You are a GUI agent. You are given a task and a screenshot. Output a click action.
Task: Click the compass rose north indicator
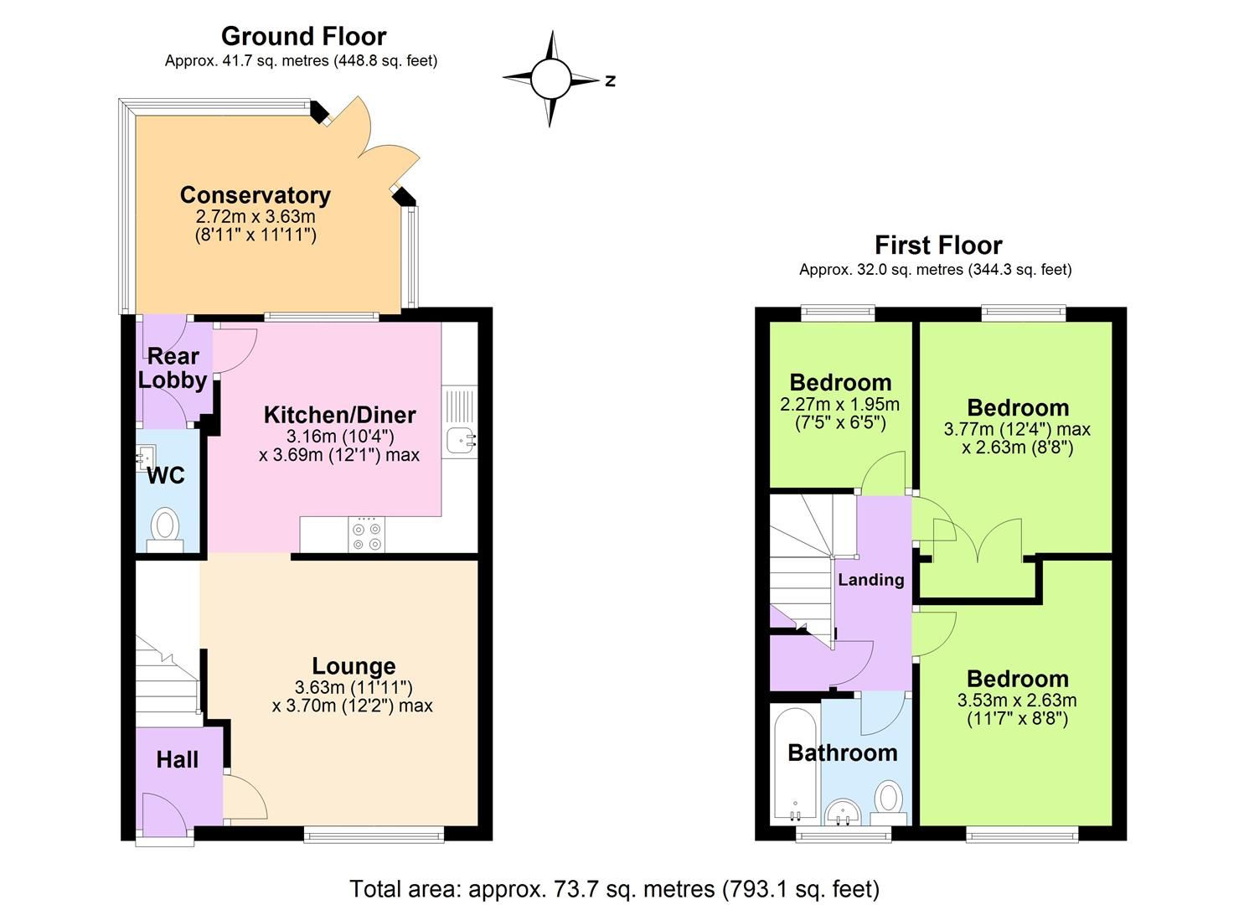[610, 80]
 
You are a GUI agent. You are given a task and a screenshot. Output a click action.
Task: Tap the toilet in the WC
[165, 528]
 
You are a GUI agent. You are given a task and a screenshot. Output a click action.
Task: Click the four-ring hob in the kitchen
[367, 536]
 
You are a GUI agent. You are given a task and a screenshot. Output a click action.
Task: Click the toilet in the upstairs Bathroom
[888, 798]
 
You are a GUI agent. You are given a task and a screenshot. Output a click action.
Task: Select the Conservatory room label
[256, 195]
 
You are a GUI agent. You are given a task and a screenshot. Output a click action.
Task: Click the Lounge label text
[354, 666]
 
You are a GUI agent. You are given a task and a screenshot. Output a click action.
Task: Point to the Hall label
[178, 760]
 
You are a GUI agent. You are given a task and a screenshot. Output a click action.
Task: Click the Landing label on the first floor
[871, 580]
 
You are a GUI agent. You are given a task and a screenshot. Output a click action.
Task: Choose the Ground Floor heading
[303, 36]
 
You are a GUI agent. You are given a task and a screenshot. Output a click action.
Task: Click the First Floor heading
[938, 246]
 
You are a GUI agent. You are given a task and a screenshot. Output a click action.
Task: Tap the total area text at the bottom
[614, 888]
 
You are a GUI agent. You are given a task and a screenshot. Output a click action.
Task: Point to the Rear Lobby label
[173, 368]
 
